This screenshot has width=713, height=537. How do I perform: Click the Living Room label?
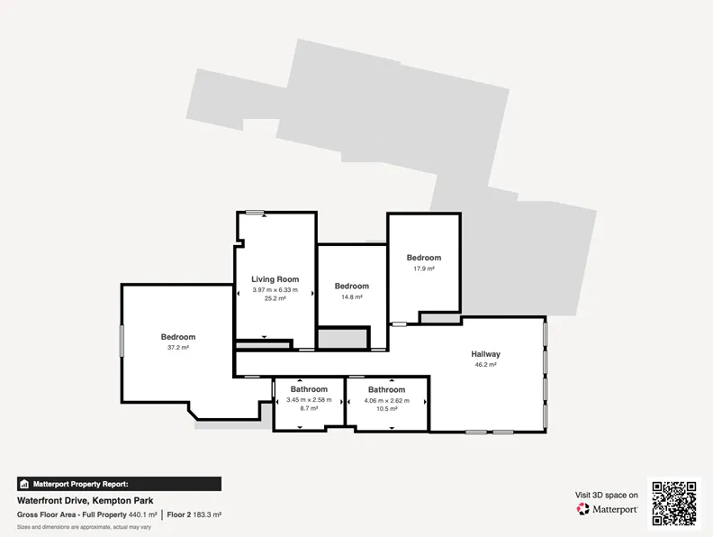(x=275, y=279)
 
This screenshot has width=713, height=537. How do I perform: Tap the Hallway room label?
(x=485, y=353)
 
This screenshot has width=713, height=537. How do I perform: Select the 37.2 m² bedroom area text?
(x=177, y=347)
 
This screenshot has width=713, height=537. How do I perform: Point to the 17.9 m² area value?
(x=424, y=268)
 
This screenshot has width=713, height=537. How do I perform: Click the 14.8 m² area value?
(x=352, y=296)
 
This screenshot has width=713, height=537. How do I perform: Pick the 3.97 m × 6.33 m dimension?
(x=275, y=289)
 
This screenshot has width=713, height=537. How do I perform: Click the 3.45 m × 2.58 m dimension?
(x=309, y=399)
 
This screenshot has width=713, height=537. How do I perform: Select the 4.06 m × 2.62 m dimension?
(x=386, y=400)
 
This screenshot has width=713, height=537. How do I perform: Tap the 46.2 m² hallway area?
(x=485, y=364)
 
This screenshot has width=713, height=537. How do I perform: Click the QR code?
(x=674, y=504)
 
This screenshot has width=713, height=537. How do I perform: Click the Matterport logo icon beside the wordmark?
(x=583, y=509)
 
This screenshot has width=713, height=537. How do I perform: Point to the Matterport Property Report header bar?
(x=119, y=484)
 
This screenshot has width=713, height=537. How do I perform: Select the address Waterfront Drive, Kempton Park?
(x=85, y=501)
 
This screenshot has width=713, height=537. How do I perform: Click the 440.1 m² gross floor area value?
(x=143, y=514)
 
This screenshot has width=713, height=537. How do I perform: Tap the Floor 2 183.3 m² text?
(x=194, y=514)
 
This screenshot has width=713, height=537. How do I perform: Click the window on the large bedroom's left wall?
(x=122, y=340)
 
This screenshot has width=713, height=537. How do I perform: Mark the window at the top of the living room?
(x=255, y=212)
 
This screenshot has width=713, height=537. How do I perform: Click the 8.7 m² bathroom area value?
(x=309, y=408)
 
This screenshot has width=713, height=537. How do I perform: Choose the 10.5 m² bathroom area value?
(x=386, y=409)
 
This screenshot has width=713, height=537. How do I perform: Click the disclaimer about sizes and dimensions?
(x=84, y=527)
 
